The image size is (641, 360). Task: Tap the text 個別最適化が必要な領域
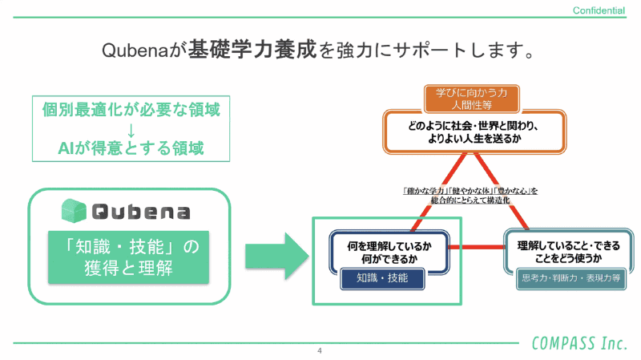(x=131, y=110)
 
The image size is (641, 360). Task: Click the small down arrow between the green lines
(x=131, y=129)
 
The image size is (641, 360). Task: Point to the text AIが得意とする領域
(x=131, y=148)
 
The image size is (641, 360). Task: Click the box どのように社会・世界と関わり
(x=471, y=131)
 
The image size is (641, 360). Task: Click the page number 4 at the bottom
(x=320, y=351)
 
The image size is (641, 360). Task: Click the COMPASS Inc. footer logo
(x=579, y=343)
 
